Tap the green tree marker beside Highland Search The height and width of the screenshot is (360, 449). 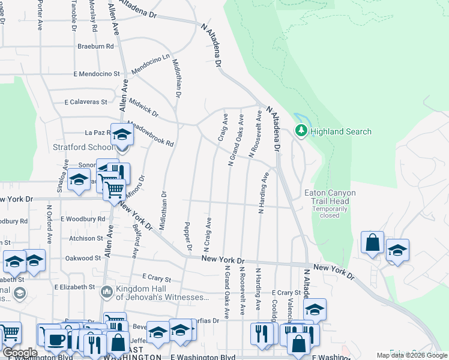301,130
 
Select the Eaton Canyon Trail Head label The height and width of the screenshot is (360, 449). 330,197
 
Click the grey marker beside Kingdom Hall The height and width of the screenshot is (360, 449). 107,292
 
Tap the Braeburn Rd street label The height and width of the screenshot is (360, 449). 95,46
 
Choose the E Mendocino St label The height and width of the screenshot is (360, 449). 97,74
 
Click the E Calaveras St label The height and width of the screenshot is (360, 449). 86,102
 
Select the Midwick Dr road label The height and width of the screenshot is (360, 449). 143,108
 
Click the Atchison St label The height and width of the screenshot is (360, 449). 86,238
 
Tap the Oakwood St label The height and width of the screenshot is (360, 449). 83,258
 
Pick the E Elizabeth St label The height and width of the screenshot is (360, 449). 74,287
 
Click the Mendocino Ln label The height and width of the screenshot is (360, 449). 151,64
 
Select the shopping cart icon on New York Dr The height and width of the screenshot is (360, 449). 114,191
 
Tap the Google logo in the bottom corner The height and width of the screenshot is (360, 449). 20,353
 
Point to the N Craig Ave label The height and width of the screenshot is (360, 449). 208,235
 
